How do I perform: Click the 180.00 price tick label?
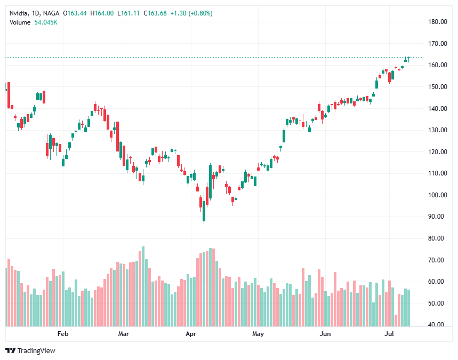pyautogui.click(x=437, y=22)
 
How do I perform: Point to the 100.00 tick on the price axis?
pyautogui.click(x=437, y=195)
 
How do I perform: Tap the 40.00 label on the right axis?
pyautogui.click(x=437, y=325)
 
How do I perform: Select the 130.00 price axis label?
pyautogui.click(x=437, y=130)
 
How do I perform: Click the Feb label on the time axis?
pyautogui.click(x=63, y=334)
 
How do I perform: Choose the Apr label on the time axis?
pyautogui.click(x=191, y=334)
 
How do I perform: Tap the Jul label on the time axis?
pyautogui.click(x=389, y=334)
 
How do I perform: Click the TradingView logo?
pyautogui.click(x=30, y=350)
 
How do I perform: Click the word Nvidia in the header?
pyautogui.click(x=19, y=13)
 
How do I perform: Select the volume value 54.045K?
pyautogui.click(x=46, y=22)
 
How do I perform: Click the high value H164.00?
pyautogui.click(x=101, y=13)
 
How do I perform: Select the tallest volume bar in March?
pyautogui.click(x=143, y=286)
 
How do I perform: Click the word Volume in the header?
pyautogui.click(x=20, y=22)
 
